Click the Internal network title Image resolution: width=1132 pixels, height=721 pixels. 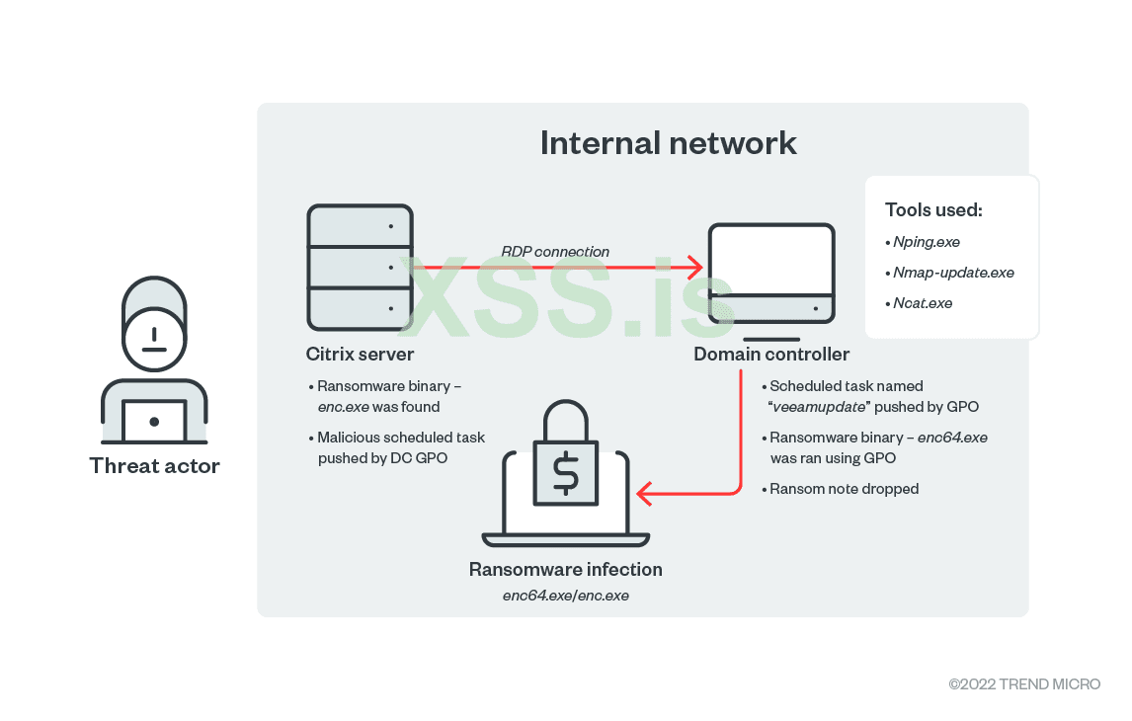click(x=668, y=142)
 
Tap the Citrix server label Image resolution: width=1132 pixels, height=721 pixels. click(x=360, y=354)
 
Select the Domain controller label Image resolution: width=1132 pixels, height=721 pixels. click(x=770, y=354)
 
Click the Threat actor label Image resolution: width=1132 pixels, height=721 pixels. click(x=154, y=465)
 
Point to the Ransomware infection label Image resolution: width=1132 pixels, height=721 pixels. click(x=565, y=570)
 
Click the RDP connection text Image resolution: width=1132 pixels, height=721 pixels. click(x=554, y=252)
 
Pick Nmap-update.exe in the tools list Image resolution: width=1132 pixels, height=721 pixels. click(x=953, y=273)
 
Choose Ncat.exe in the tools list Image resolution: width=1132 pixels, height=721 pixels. click(x=923, y=303)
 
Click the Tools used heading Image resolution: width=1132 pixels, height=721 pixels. click(x=933, y=209)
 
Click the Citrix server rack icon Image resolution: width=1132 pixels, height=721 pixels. click(x=360, y=267)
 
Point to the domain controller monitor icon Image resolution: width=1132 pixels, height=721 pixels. click(x=770, y=273)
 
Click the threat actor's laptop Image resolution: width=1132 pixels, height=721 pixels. click(x=154, y=421)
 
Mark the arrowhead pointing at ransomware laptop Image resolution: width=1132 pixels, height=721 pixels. click(x=643, y=492)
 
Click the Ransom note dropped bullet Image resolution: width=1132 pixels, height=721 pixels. click(x=845, y=489)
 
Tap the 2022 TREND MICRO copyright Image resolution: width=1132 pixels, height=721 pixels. click(x=1024, y=684)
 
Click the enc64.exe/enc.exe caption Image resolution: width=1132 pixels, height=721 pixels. click(x=565, y=596)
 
